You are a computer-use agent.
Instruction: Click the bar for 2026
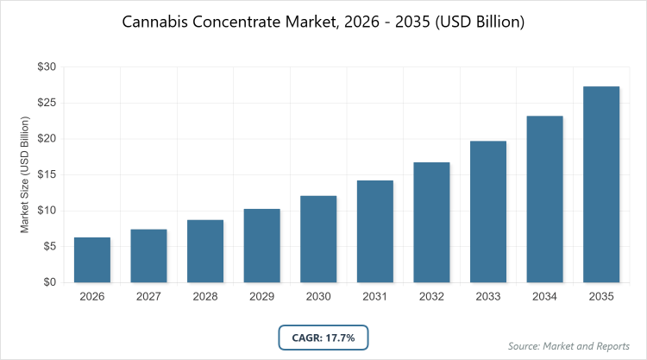pyautogui.click(x=92, y=260)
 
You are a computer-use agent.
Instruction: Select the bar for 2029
pyautogui.click(x=261, y=245)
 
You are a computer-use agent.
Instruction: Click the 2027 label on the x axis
pyautogui.click(x=148, y=298)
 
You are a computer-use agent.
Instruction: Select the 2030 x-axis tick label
pyautogui.click(x=318, y=298)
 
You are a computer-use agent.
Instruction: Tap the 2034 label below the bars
pyautogui.click(x=544, y=298)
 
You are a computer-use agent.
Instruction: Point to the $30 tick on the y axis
pyautogui.click(x=47, y=66)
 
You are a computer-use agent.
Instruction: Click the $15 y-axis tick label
pyautogui.click(x=47, y=174)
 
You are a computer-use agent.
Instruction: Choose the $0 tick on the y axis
pyautogui.click(x=50, y=282)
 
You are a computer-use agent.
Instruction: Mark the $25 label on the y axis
pyautogui.click(x=47, y=103)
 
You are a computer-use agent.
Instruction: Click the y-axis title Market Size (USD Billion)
pyautogui.click(x=25, y=174)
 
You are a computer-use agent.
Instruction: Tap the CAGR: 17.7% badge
pyautogui.click(x=323, y=336)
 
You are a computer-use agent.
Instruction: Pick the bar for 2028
pyautogui.click(x=205, y=251)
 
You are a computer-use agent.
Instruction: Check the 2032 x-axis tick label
pyautogui.click(x=431, y=298)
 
